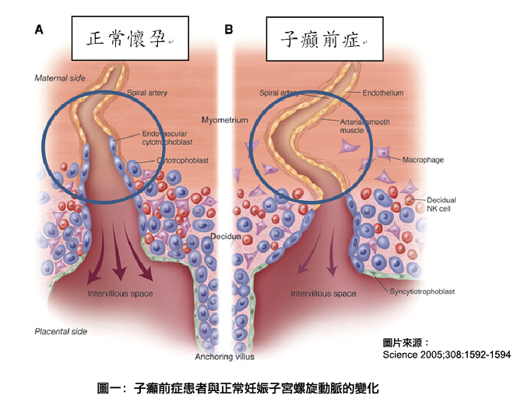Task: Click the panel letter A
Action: [39, 30]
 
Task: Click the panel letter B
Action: [228, 30]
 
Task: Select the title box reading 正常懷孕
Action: [130, 38]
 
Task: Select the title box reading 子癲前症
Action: [325, 39]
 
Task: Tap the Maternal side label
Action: [60, 78]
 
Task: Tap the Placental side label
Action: [61, 331]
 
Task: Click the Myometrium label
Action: [224, 120]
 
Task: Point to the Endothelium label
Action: [383, 93]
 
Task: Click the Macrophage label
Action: [423, 160]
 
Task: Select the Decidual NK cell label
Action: [441, 204]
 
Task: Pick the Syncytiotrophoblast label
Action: [422, 291]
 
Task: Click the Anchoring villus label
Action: [224, 357]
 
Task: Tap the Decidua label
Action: [226, 237]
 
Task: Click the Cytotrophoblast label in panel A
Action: [182, 160]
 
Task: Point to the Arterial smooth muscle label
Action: [364, 126]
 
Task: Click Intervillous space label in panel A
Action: [120, 294]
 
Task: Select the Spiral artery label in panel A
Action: [147, 93]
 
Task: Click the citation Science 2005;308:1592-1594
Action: [446, 354]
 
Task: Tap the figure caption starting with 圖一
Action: [238, 388]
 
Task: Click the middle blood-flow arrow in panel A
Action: [118, 252]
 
